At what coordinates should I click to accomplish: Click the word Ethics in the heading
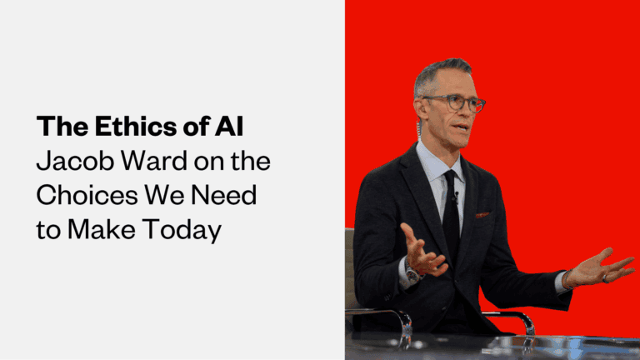[x=123, y=127]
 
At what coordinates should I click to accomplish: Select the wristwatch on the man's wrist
[x=412, y=274]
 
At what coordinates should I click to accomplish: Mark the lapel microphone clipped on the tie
[x=456, y=197]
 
